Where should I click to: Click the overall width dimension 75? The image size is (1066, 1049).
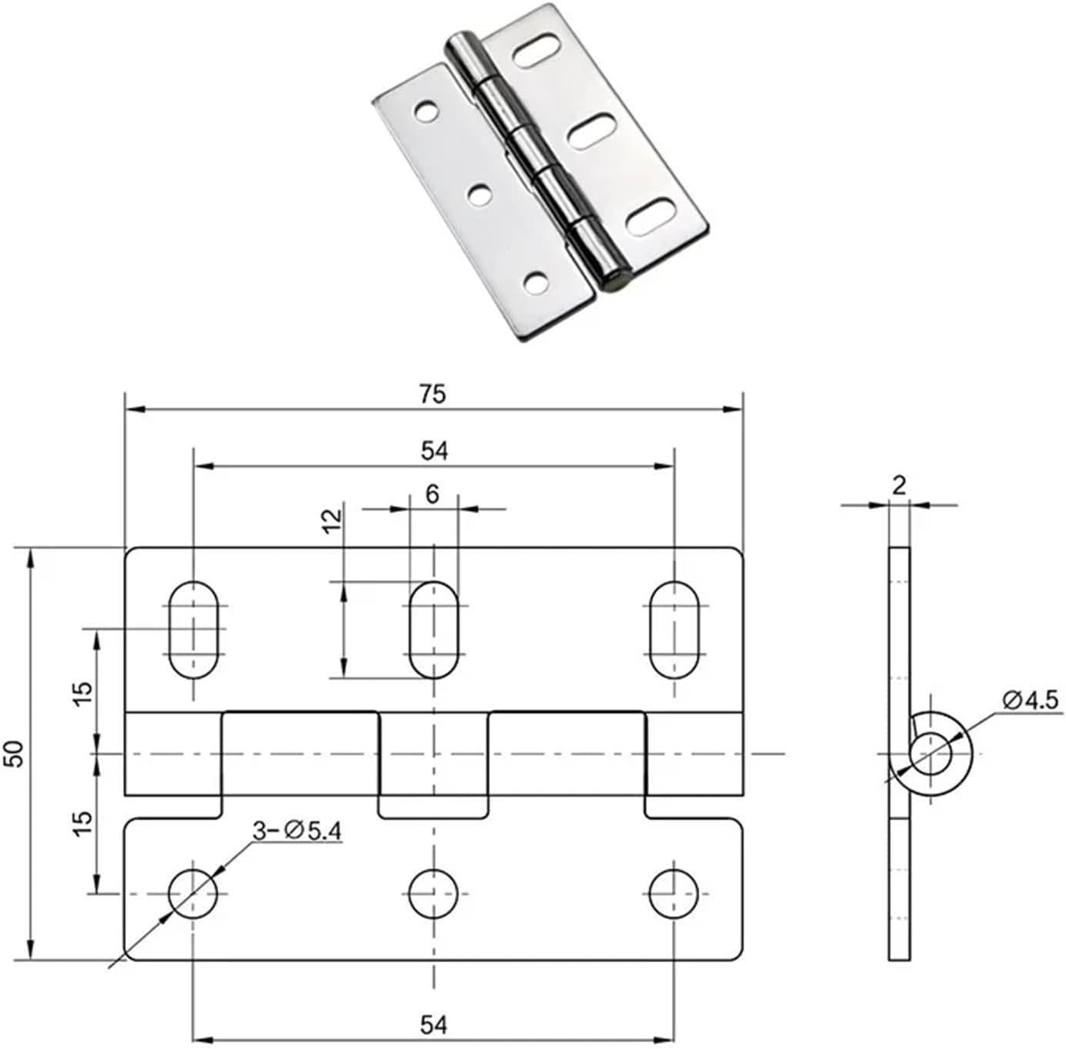pos(432,394)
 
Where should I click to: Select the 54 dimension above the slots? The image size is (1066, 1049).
pos(434,451)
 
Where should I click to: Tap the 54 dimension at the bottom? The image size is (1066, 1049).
pos(434,1024)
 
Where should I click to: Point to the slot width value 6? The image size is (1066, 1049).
pos(432,494)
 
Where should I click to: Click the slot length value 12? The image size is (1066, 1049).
pos(331,521)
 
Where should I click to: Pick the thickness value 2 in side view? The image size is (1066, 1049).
pos(899,485)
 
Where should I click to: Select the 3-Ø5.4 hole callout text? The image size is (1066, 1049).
pos(297,830)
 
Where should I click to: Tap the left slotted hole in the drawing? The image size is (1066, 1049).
pos(193,630)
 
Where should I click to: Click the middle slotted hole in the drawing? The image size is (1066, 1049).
pos(434,630)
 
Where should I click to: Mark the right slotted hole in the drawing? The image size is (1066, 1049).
pos(674,630)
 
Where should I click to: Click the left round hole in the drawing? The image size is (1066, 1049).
pos(193,893)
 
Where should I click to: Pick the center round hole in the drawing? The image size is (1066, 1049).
pos(434,893)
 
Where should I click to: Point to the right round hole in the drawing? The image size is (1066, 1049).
pos(674,893)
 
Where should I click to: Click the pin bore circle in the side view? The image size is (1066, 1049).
pos(930,753)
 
